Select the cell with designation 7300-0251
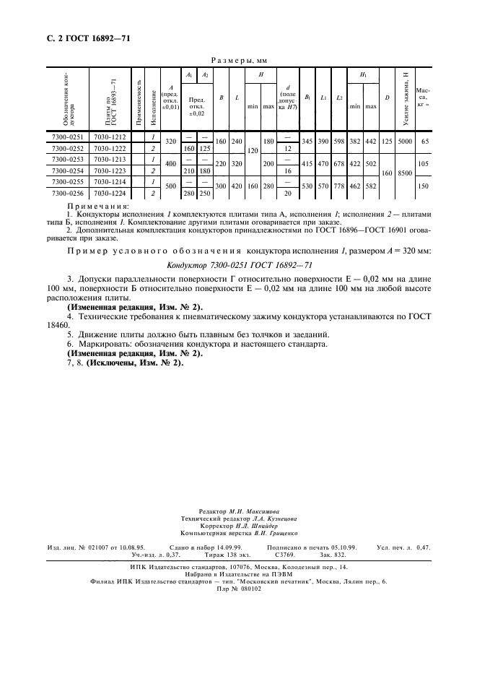(68, 137)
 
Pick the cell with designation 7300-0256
(68, 194)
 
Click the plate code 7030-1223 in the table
(110, 171)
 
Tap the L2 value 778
(339, 188)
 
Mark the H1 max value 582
(370, 188)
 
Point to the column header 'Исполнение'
(153, 102)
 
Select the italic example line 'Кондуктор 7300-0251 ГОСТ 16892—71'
(238, 266)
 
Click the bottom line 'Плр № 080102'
(238, 589)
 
